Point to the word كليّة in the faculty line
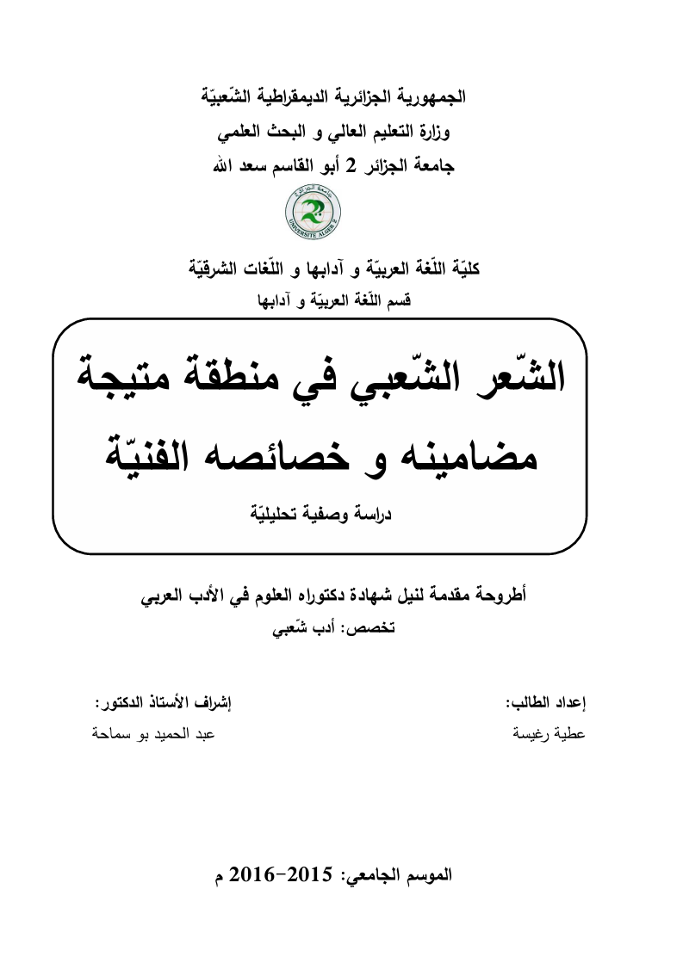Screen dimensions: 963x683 (464, 269)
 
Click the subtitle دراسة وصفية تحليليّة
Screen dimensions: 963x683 (319, 513)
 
